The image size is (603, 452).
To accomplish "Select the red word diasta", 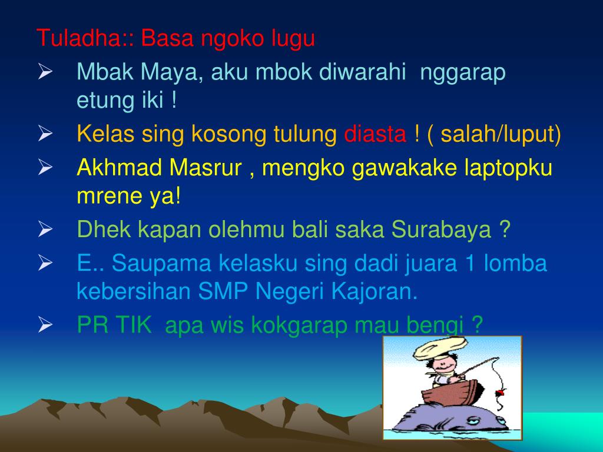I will (375, 135).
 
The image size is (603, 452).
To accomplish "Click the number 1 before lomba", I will (470, 264).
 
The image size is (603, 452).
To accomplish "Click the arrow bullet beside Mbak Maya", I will (45, 73).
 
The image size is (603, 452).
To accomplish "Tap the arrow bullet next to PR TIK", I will (45, 325).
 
